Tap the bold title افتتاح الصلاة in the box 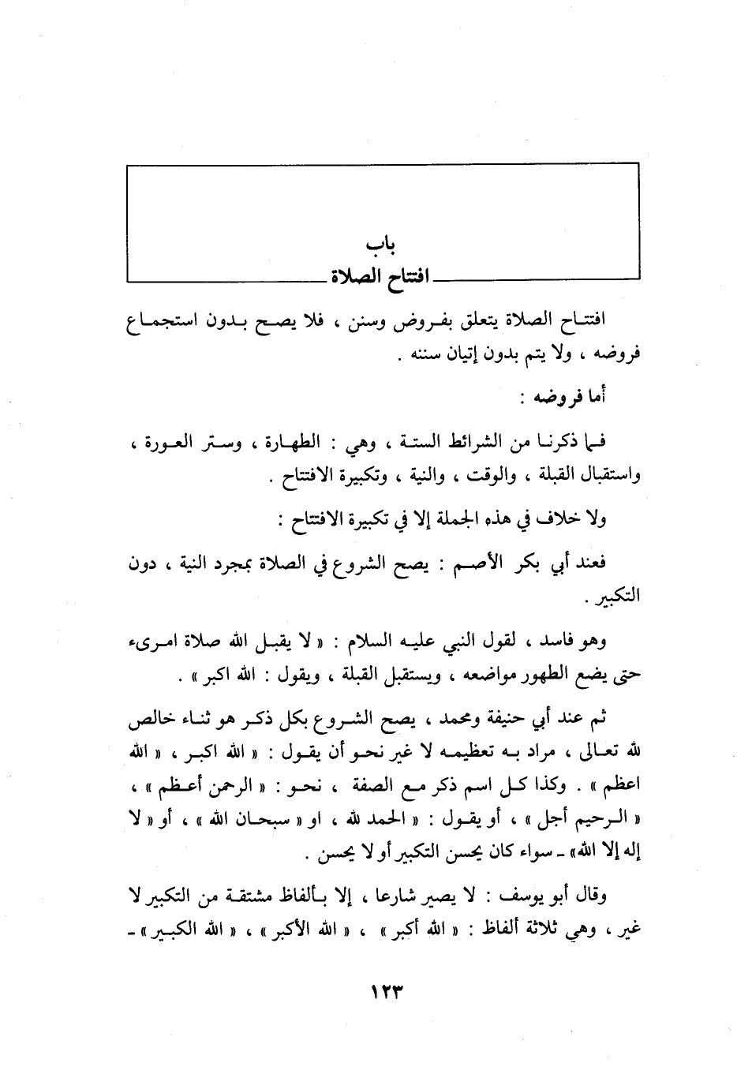pos(379,277)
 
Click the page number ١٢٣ pos(381,990)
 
